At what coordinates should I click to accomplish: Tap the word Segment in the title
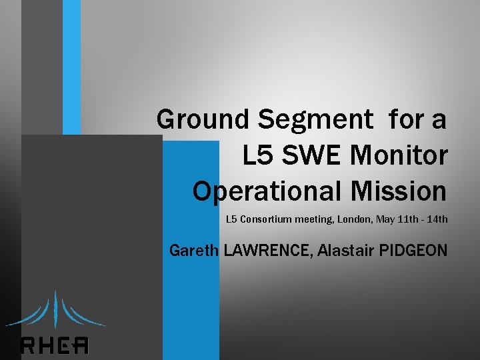(315, 120)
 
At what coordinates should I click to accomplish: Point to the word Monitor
(399, 155)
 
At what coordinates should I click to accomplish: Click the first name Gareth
(194, 251)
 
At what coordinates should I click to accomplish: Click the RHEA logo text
(55, 345)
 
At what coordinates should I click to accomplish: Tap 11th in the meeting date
(409, 219)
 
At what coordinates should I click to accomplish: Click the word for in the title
(404, 120)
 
